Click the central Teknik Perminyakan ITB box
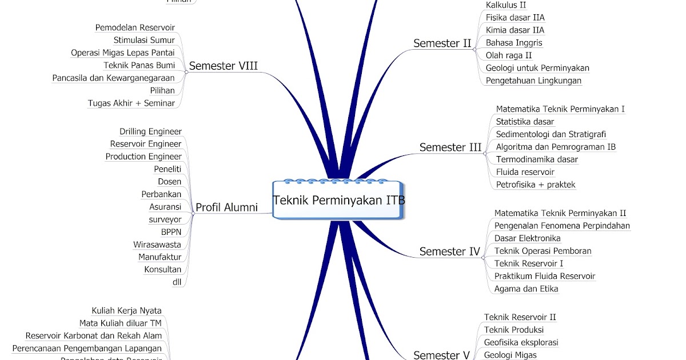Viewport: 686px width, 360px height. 339,201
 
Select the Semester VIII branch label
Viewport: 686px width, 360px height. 223,66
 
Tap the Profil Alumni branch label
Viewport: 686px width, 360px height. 226,207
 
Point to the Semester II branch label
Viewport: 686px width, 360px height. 442,43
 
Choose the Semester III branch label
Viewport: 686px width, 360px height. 450,147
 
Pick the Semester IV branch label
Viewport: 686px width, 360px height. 449,251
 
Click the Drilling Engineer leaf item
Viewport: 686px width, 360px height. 150,131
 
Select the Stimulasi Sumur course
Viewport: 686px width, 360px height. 144,40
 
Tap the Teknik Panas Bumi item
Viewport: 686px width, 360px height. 139,65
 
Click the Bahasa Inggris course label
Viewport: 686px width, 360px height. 514,42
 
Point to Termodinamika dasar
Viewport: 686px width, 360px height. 537,159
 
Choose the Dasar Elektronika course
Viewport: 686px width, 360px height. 527,238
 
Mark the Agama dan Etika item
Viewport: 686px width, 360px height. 526,289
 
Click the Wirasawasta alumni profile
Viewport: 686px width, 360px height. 157,245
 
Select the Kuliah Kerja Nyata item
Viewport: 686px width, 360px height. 126,311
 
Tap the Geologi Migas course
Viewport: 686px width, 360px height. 510,355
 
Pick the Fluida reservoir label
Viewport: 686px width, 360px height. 525,172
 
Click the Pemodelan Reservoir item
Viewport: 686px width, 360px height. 135,27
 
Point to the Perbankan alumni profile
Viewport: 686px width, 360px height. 161,194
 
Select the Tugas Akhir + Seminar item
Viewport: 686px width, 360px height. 131,103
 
